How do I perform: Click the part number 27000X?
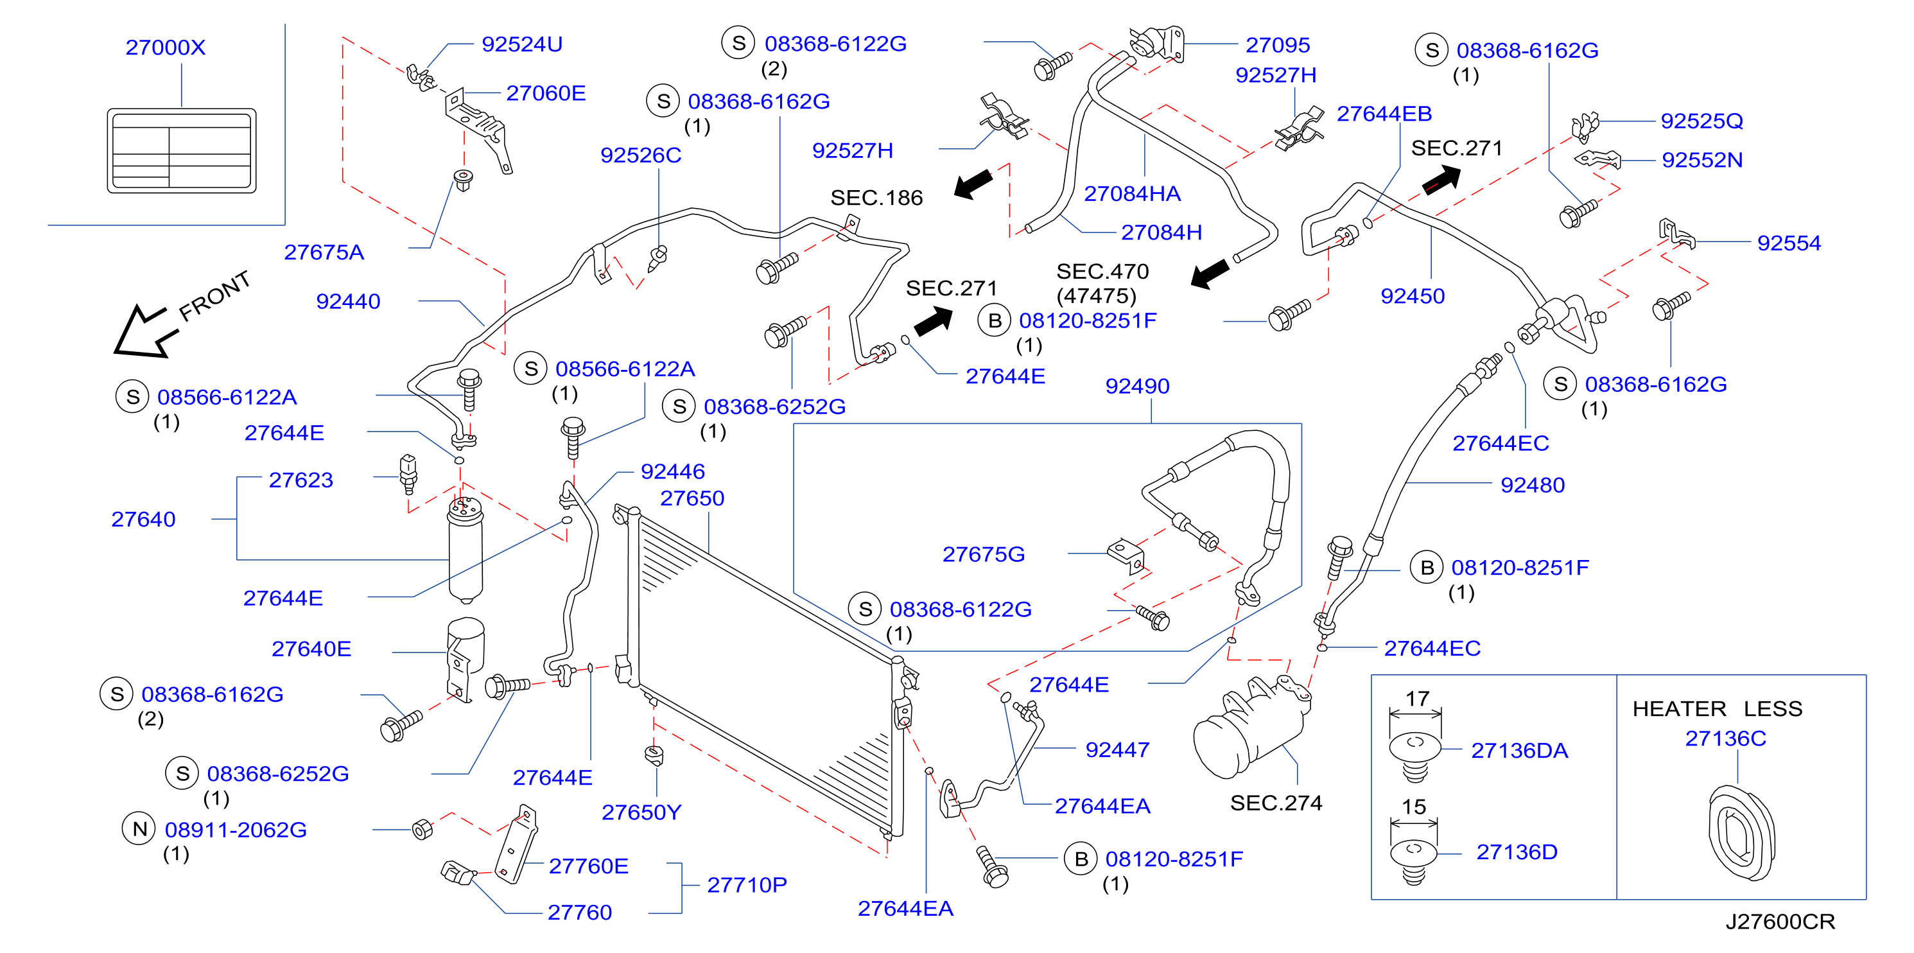point(165,48)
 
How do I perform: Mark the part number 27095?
point(1277,46)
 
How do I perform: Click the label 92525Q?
point(1701,121)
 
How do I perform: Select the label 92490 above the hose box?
point(1137,387)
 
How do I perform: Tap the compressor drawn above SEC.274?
point(1251,728)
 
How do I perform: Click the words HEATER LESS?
point(1717,709)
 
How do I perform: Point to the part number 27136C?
point(1725,739)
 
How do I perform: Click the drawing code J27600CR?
point(1780,922)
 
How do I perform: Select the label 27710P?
point(747,886)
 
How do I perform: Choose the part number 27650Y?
point(641,812)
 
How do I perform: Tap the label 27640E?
point(311,649)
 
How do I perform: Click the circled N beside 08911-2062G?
point(139,829)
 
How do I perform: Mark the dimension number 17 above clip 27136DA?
point(1417,699)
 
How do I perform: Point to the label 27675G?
point(983,555)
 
